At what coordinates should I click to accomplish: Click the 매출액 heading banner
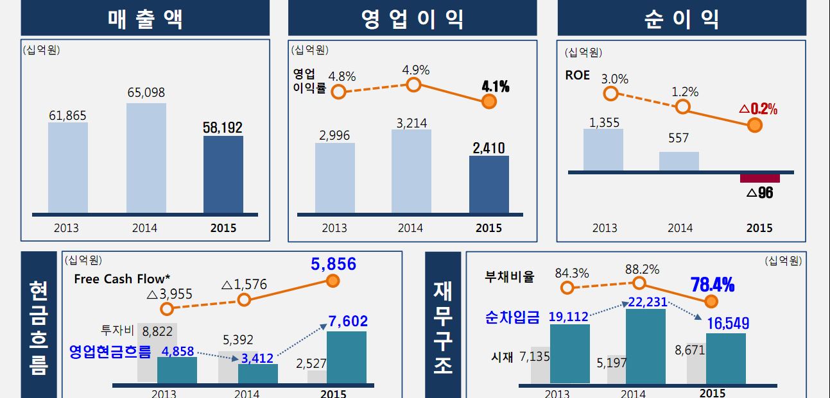(x=145, y=19)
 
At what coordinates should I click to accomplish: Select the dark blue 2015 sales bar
(x=223, y=174)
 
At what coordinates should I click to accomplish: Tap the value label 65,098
(x=146, y=93)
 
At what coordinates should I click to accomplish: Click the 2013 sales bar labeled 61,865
(x=67, y=168)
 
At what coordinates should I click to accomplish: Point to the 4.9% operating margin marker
(x=414, y=85)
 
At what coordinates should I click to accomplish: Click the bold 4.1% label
(x=495, y=86)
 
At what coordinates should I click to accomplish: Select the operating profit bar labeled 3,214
(x=411, y=172)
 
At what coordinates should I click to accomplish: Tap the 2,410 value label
(x=488, y=148)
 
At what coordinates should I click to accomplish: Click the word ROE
(x=577, y=75)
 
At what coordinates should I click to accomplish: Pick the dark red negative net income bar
(x=759, y=178)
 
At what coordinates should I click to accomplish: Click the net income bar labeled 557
(x=679, y=162)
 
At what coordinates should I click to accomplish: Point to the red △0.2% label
(x=758, y=109)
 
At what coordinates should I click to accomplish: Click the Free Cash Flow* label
(x=122, y=279)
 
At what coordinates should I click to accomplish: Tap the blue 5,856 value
(x=333, y=265)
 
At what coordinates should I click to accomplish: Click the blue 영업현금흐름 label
(x=110, y=351)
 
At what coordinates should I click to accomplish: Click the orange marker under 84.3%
(x=567, y=287)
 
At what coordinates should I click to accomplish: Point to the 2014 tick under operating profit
(x=410, y=228)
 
